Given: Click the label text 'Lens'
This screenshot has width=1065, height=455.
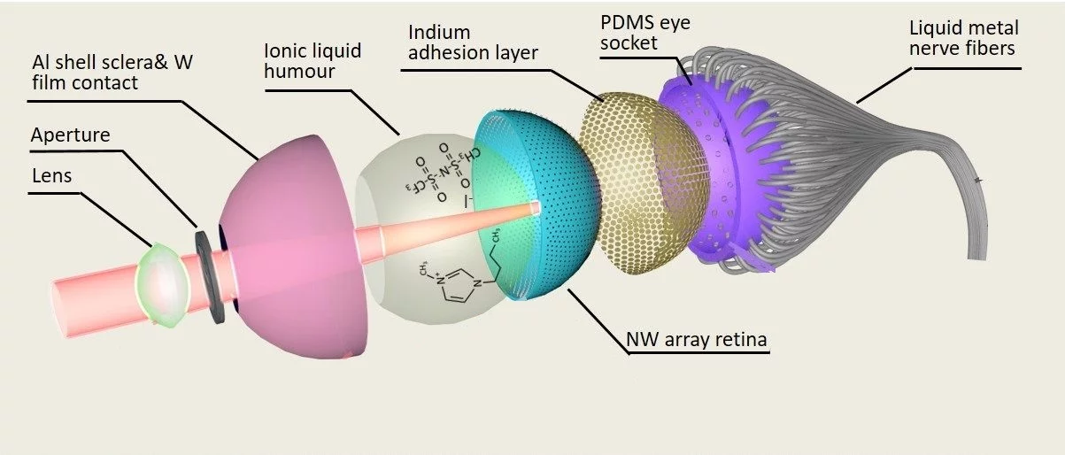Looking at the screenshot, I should (51, 175).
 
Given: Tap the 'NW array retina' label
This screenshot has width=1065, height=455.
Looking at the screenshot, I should (695, 337).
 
